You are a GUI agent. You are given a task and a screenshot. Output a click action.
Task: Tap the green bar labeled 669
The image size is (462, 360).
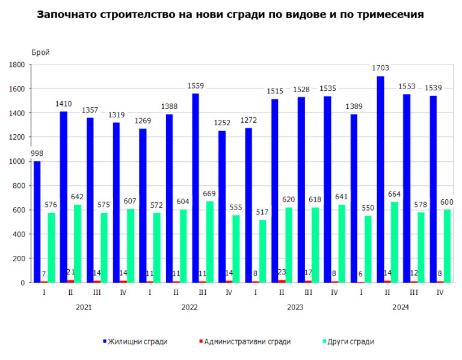coord(210,241)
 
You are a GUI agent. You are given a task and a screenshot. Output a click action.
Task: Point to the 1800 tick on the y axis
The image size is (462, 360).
coord(16,64)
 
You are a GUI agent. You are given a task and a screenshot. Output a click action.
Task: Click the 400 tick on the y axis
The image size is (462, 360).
coord(18,234)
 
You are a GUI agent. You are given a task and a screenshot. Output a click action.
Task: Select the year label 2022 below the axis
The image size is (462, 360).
coord(189,307)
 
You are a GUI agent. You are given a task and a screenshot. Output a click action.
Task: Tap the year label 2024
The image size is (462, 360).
coord(400,307)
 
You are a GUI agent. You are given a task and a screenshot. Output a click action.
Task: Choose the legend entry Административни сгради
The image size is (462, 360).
coord(247,341)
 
